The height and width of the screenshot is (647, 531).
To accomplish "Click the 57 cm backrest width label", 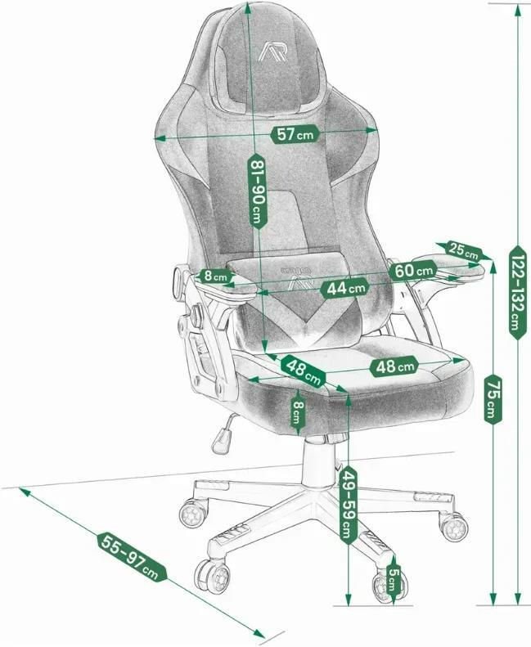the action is click(295, 133).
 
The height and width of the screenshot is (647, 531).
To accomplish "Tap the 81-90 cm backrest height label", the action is click(257, 191).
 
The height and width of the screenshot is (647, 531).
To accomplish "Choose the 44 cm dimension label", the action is click(344, 288).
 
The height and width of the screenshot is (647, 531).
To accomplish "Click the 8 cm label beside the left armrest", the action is click(214, 276).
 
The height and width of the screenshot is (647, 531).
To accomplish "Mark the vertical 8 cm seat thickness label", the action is click(298, 412).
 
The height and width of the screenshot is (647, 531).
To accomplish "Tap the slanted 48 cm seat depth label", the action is click(304, 371).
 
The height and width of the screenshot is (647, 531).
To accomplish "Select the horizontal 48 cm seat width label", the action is click(394, 366).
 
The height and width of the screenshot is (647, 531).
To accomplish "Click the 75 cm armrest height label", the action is click(493, 399).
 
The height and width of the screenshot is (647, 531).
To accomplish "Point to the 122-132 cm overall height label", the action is click(518, 292).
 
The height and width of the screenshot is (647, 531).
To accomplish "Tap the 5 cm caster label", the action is click(394, 580).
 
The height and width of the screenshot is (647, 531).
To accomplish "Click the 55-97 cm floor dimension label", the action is click(132, 557).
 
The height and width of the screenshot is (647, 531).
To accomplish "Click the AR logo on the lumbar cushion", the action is click(300, 283).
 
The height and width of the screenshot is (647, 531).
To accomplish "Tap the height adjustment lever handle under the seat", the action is click(220, 440).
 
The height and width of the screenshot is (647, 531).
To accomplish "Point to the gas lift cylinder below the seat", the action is click(319, 462).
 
